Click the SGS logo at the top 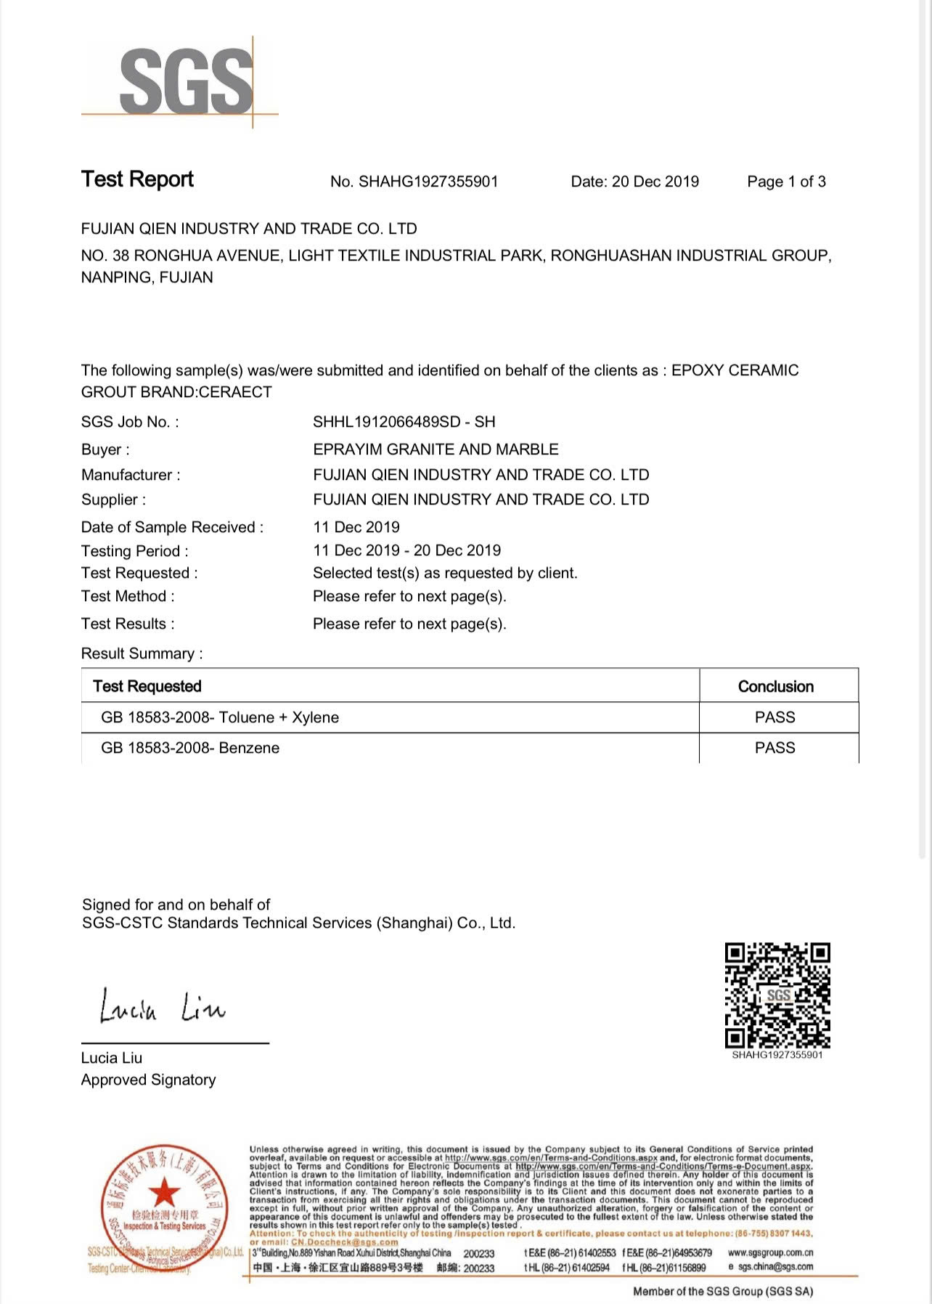coord(185,81)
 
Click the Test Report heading coord(137,179)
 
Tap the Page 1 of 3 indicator coord(786,182)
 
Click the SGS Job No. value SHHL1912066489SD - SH coord(404,422)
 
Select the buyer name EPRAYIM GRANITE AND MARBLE coord(436,449)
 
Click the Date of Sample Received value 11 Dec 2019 coord(356,527)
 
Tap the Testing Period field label coord(135,551)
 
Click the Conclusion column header coord(775,687)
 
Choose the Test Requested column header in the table coord(147,687)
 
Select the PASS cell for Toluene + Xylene coord(775,717)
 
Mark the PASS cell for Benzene coord(775,748)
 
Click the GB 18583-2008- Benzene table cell coord(190,748)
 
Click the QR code coord(777,995)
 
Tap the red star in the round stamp coord(165,1193)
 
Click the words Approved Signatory coord(149,1080)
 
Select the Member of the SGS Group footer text coord(723,1291)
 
